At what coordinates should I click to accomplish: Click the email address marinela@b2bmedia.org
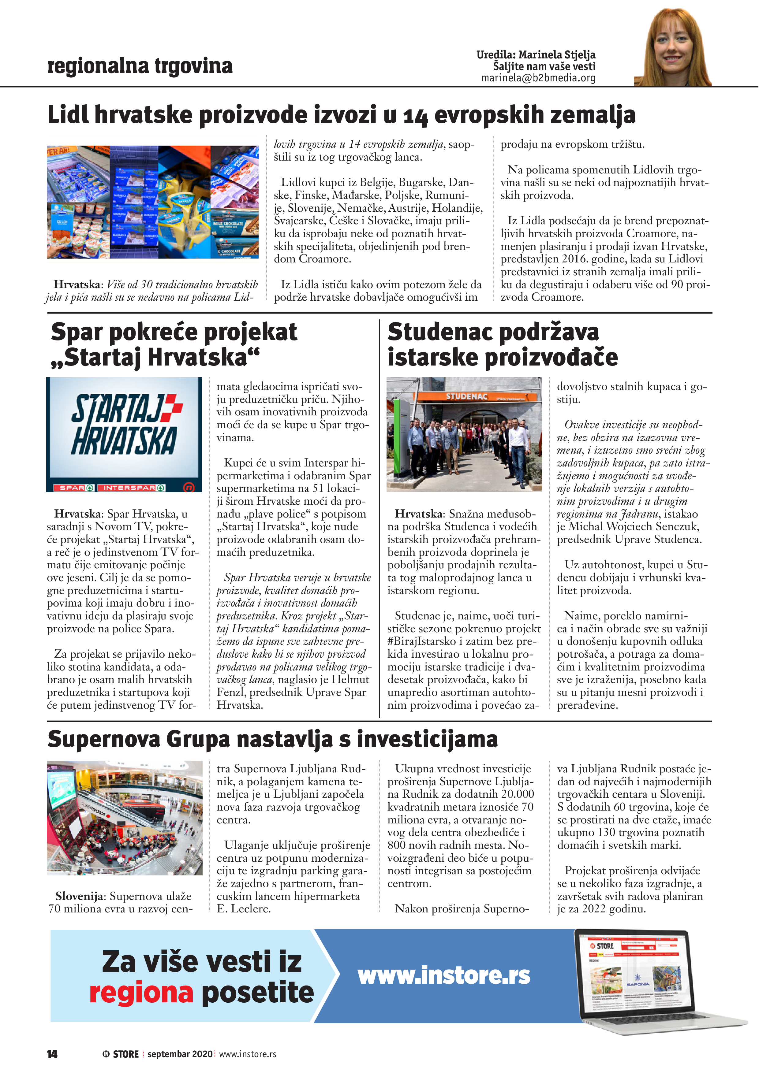[538, 78]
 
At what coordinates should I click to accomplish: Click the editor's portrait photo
[673, 47]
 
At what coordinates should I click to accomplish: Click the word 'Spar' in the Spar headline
[77, 332]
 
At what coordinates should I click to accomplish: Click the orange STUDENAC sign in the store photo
[466, 396]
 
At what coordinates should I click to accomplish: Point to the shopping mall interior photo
[124, 818]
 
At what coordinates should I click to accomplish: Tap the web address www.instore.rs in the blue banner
[444, 976]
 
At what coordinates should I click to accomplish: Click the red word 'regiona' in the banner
[141, 993]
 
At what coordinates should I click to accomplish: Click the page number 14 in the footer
[52, 1054]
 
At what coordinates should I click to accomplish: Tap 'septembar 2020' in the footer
[180, 1054]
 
